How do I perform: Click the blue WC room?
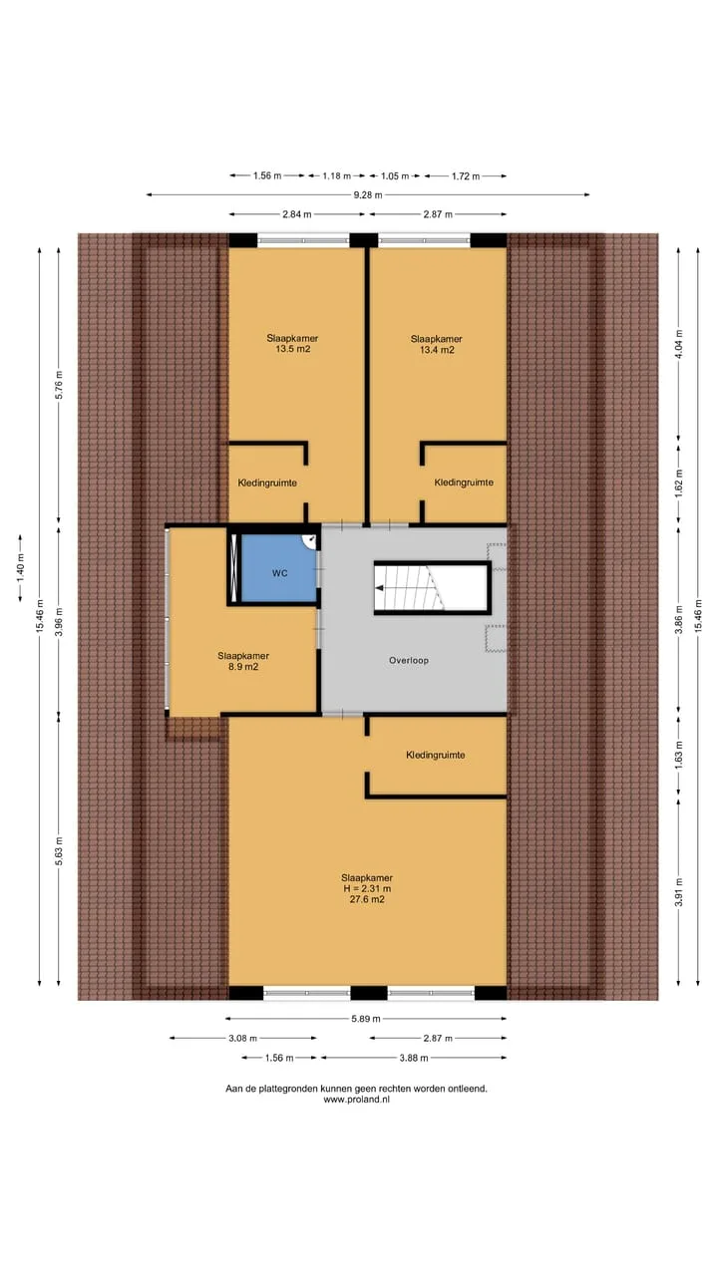click(279, 568)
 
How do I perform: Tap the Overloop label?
click(409, 661)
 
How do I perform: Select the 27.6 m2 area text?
click(367, 899)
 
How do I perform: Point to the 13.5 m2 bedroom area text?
click(293, 349)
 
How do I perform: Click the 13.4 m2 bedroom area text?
click(437, 350)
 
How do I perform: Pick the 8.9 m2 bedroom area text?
click(243, 667)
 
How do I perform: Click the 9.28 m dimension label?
click(368, 194)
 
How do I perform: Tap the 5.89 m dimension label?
click(366, 1019)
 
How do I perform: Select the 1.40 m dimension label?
click(21, 567)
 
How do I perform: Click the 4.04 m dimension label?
click(679, 344)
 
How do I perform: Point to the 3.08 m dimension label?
click(242, 1038)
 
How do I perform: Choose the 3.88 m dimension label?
click(414, 1058)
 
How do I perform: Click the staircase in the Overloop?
click(433, 588)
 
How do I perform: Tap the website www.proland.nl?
click(357, 1100)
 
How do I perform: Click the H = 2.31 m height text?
click(367, 888)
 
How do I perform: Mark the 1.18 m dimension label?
click(337, 176)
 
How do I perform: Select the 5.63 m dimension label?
click(59, 851)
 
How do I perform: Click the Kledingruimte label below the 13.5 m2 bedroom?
click(267, 483)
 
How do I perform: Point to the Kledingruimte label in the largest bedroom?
click(436, 756)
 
